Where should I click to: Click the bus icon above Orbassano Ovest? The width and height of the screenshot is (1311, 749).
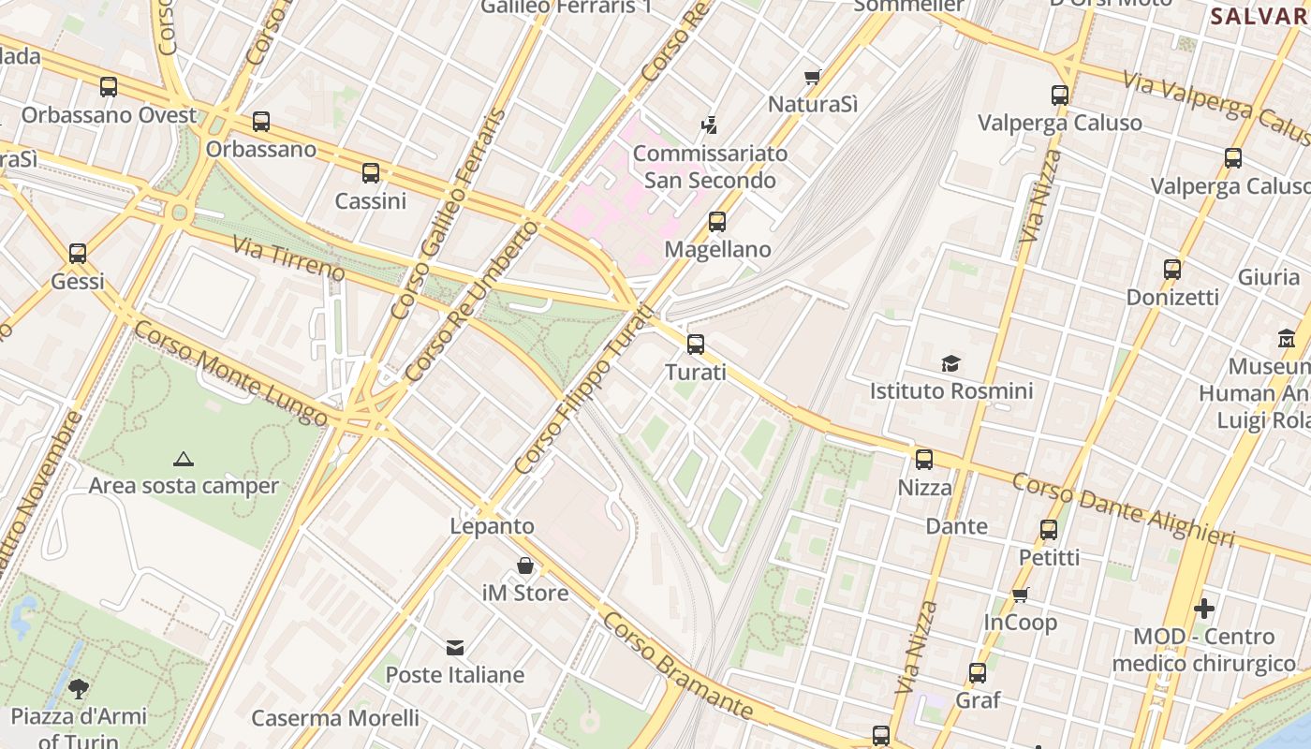pos(109,87)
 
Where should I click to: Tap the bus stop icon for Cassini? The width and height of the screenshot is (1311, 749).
pos(371,173)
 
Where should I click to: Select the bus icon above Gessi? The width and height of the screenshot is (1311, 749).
pos(78,254)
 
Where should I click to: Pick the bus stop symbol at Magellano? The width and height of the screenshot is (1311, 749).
pos(717,222)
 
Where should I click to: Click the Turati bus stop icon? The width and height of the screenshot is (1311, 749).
pos(696,345)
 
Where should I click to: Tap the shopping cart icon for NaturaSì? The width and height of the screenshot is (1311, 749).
pos(813,77)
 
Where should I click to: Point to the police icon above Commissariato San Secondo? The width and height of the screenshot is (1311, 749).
pos(709,125)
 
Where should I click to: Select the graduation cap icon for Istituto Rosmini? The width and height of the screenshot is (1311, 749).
pos(950,363)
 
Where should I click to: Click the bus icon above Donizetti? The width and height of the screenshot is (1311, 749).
pos(1172,270)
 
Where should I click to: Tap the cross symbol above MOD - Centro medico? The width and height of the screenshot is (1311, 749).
pos(1204,609)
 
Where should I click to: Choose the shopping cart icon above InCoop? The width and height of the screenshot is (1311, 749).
pos(1021,595)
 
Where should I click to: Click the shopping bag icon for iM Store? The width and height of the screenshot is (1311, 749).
pos(525,565)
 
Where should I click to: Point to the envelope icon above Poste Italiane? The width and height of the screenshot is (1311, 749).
pos(455,647)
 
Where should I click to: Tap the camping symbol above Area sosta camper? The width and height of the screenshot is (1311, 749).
pos(184,459)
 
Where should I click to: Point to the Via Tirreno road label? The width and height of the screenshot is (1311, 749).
pos(288,258)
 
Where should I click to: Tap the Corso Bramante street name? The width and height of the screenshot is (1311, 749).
pos(677,667)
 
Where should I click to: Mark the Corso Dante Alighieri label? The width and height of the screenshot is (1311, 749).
pos(1137,509)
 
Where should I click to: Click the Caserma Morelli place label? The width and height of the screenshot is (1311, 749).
pos(335,718)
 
